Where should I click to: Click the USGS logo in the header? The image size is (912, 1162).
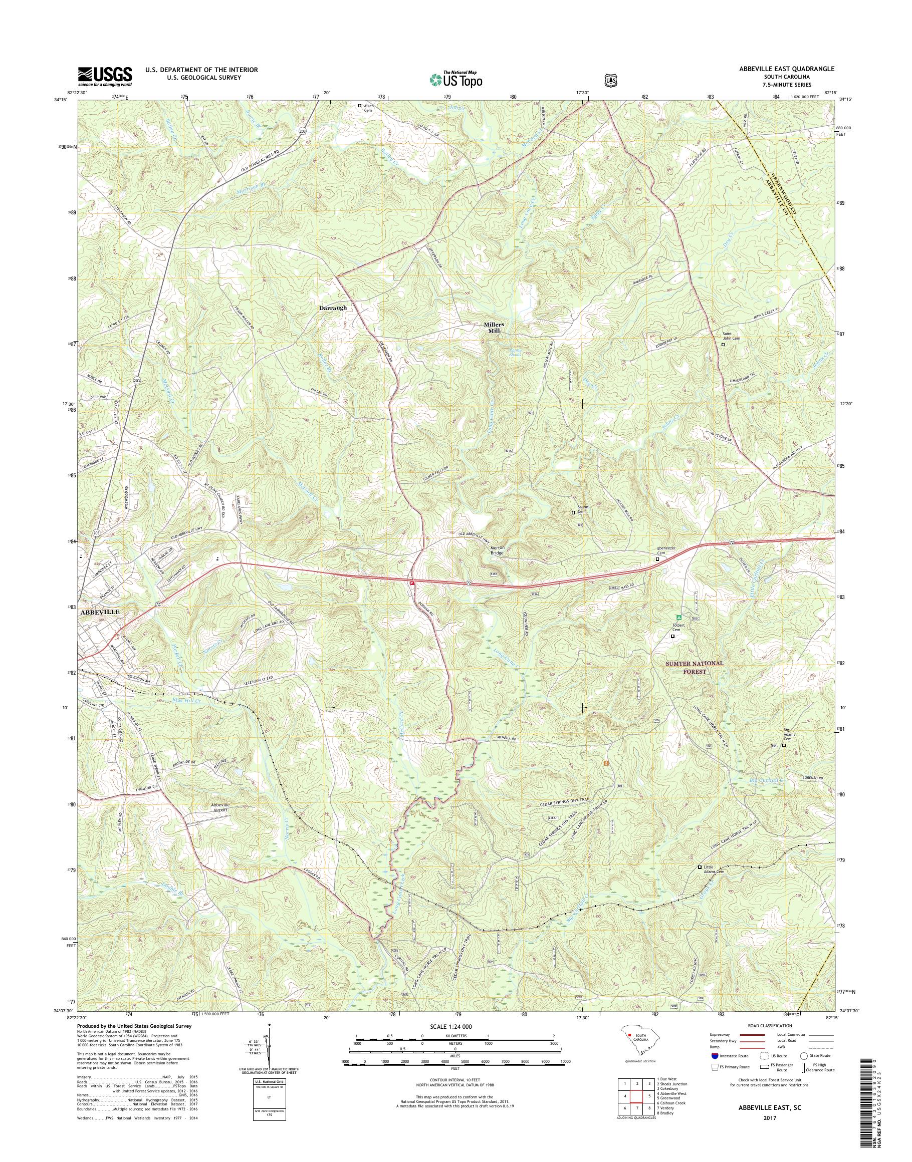[105, 76]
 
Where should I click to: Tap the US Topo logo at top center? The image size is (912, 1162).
[455, 79]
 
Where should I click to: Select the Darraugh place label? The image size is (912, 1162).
[333, 308]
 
